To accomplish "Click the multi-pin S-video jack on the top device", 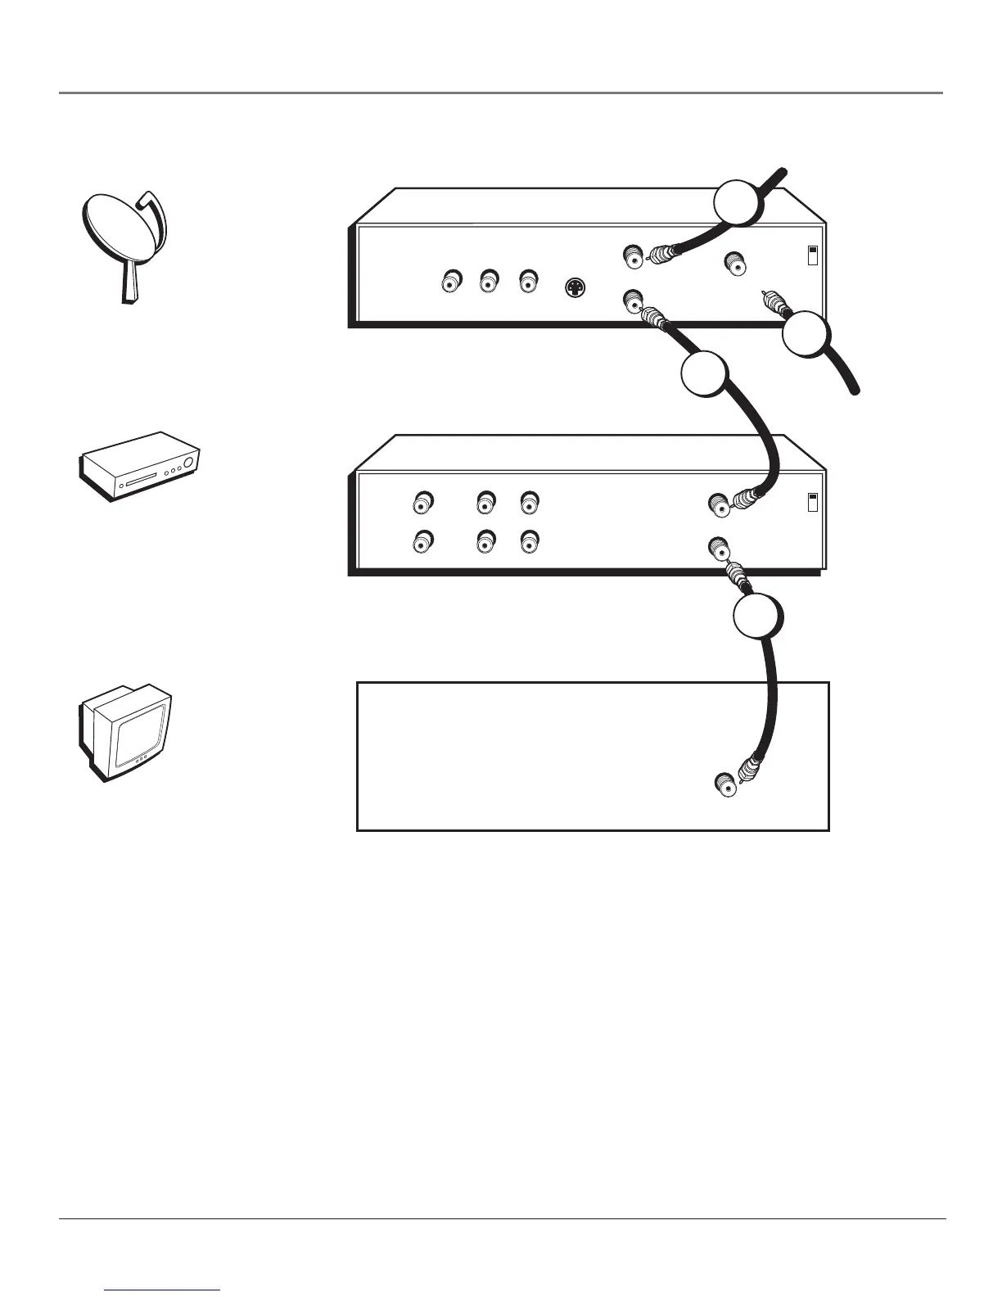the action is click(x=575, y=287).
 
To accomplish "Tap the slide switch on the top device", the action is click(x=813, y=255).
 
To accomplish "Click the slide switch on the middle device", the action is click(x=813, y=502).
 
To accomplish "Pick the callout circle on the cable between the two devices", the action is click(x=705, y=374).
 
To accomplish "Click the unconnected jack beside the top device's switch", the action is click(x=734, y=264).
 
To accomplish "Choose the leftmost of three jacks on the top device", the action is click(x=449, y=282).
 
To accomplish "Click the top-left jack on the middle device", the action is click(x=423, y=501).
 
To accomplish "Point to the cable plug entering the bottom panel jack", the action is click(x=749, y=771).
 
